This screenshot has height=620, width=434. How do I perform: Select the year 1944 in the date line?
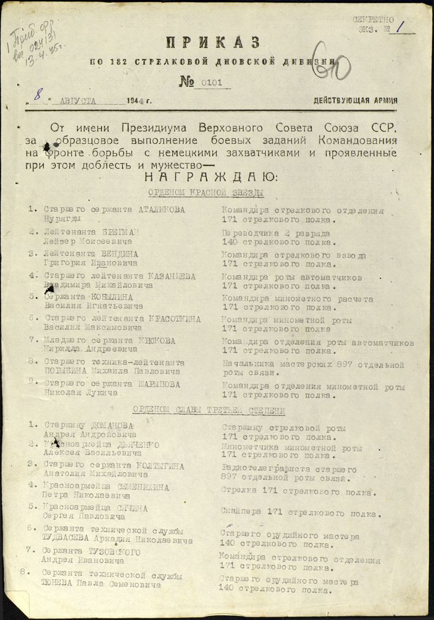coord(136,100)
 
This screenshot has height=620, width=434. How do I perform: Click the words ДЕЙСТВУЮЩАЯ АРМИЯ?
coord(355,100)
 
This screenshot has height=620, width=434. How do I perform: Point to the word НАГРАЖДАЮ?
coord(210,177)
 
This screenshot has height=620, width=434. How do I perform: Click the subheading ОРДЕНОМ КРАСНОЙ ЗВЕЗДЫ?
coord(206,193)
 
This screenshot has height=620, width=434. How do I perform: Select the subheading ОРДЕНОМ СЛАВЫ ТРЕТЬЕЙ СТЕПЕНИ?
coord(209,410)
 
